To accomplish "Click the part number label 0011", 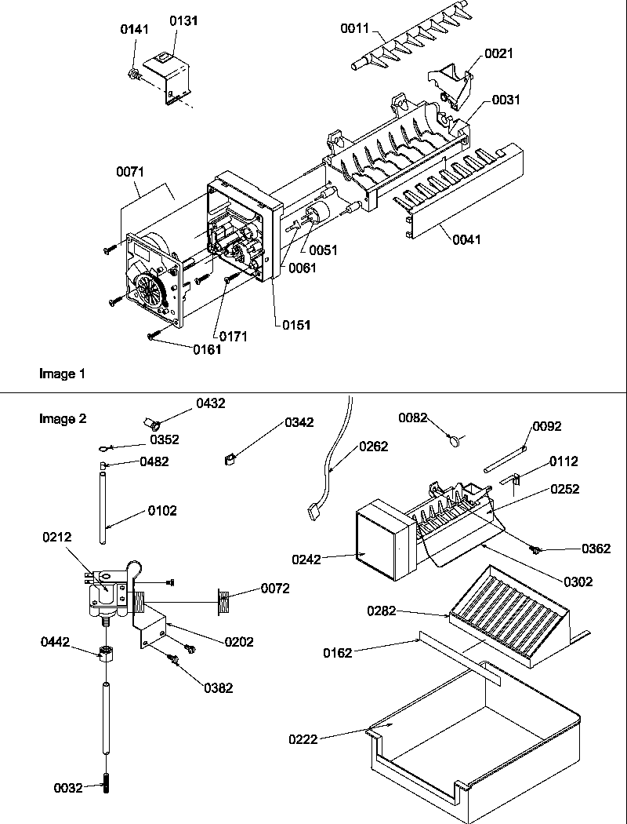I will pos(353,29).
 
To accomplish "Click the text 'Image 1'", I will pos(62,374).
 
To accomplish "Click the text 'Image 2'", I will pos(63,418).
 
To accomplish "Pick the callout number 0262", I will pos(374,447).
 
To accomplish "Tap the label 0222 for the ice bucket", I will pos(302,738).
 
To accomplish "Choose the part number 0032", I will pos(69,788).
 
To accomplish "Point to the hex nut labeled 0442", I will pos(104,652).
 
